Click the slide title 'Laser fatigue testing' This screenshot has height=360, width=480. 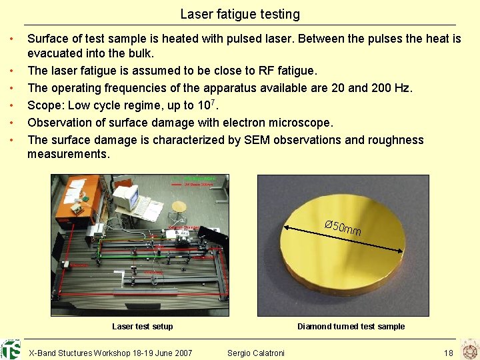240,14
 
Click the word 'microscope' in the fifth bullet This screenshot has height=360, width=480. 299,123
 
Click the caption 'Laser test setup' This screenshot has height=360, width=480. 142,327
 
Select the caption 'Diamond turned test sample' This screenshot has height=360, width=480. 351,327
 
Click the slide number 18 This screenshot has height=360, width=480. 448,353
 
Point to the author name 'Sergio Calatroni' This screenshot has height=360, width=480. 255,353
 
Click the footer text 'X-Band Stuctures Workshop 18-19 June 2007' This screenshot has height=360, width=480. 111,353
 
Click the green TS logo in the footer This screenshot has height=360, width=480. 11,349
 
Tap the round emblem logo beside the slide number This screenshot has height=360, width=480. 469,349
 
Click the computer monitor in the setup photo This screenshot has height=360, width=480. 125,196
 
